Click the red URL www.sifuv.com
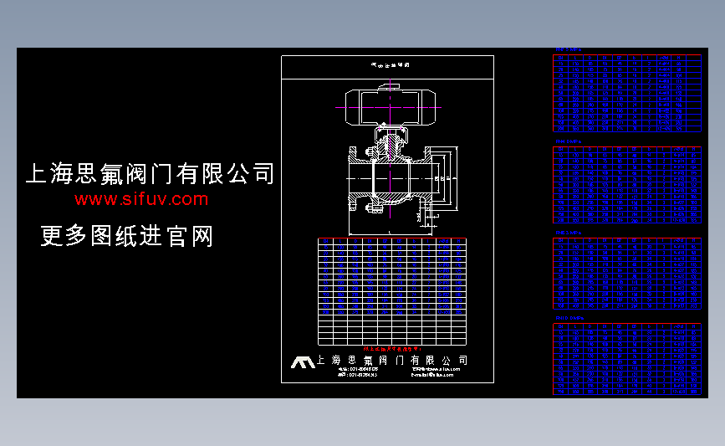[140, 199]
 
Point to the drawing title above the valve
[387, 64]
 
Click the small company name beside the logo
[391, 361]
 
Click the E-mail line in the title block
[432, 376]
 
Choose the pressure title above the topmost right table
[569, 50]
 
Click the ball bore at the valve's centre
[390, 178]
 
